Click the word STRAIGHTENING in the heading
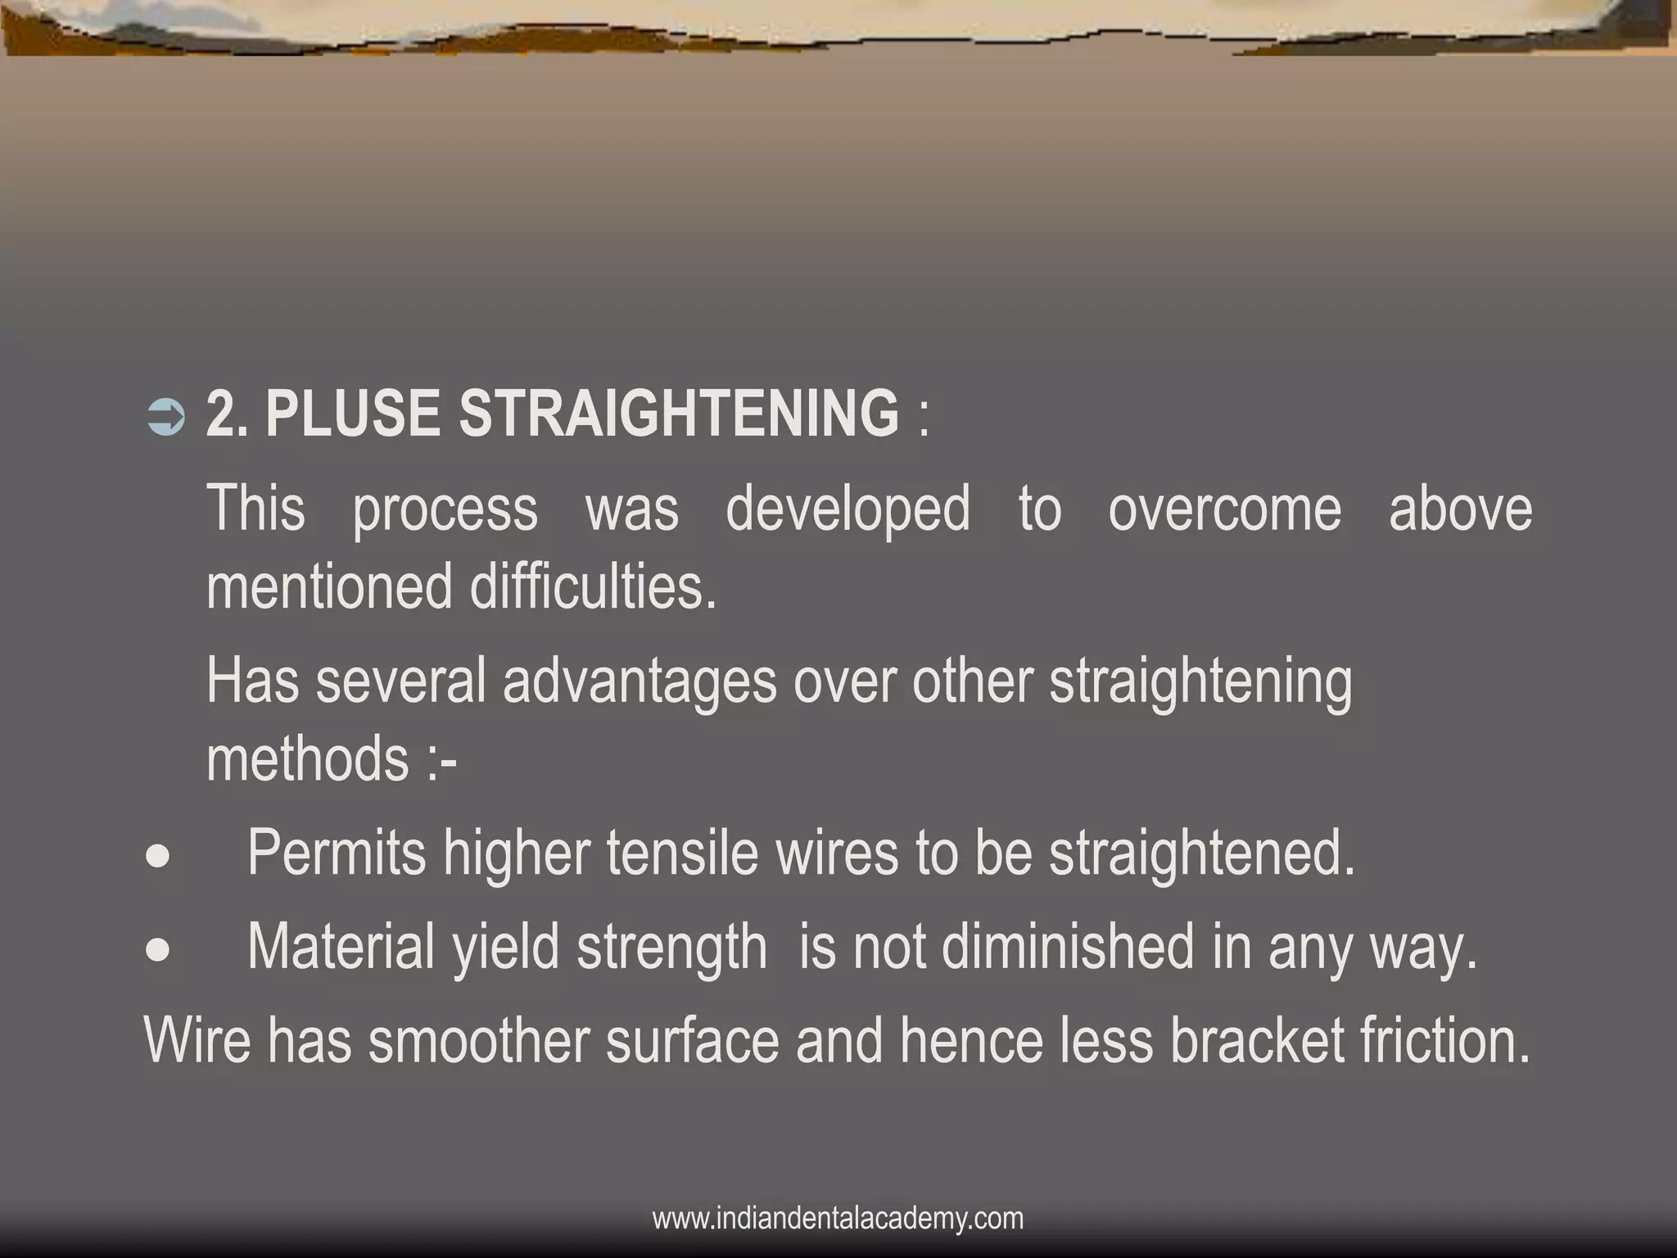pos(679,414)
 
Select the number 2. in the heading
pos(227,414)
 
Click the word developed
pos(848,509)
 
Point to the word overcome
pos(1225,509)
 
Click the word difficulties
pos(593,586)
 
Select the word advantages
pos(640,681)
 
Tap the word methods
pos(308,759)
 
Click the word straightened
pos(1202,853)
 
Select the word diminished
pos(1068,948)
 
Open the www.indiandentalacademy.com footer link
pos(838,1218)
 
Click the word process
pos(445,509)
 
